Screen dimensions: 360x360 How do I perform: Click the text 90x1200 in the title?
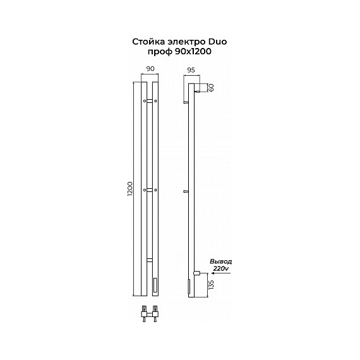click(193, 52)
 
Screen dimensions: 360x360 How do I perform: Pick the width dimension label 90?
click(150, 69)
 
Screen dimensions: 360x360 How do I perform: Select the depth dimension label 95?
click(191, 70)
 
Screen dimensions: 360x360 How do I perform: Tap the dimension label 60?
click(211, 88)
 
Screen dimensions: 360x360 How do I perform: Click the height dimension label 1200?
click(130, 188)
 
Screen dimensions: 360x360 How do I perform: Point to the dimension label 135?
click(211, 285)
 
